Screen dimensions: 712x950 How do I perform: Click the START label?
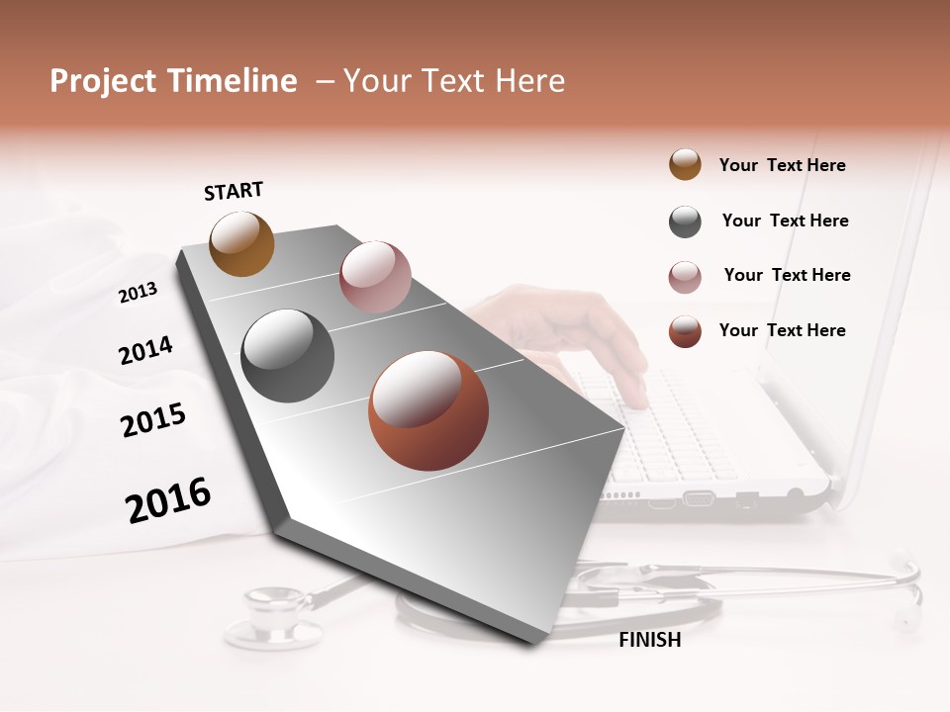(x=234, y=191)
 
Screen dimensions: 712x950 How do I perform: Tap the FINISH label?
(x=649, y=640)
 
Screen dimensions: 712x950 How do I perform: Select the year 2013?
(x=138, y=293)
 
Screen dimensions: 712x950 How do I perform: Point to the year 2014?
(x=145, y=350)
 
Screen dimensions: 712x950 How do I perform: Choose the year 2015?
(x=153, y=420)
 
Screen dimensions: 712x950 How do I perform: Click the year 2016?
(x=168, y=500)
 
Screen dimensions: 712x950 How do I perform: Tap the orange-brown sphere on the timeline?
(x=242, y=243)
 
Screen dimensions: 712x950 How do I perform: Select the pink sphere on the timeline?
(x=375, y=277)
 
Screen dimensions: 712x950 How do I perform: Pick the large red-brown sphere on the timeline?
(x=428, y=410)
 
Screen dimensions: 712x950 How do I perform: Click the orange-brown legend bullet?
(x=685, y=165)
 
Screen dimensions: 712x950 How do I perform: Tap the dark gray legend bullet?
(x=685, y=222)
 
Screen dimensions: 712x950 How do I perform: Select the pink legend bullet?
(x=685, y=277)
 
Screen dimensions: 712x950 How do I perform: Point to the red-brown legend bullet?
(x=685, y=331)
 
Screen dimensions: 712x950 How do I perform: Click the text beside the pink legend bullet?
(x=787, y=275)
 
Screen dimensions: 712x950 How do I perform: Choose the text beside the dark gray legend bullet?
(x=785, y=221)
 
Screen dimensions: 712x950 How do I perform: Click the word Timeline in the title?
(x=231, y=81)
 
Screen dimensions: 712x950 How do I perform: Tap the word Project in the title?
(x=103, y=81)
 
